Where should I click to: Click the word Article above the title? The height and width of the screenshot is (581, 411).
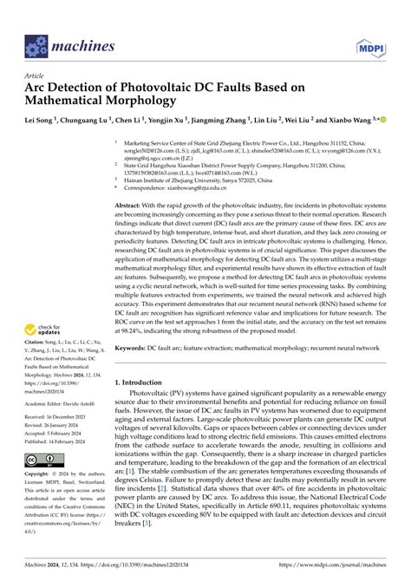click(x=36, y=75)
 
